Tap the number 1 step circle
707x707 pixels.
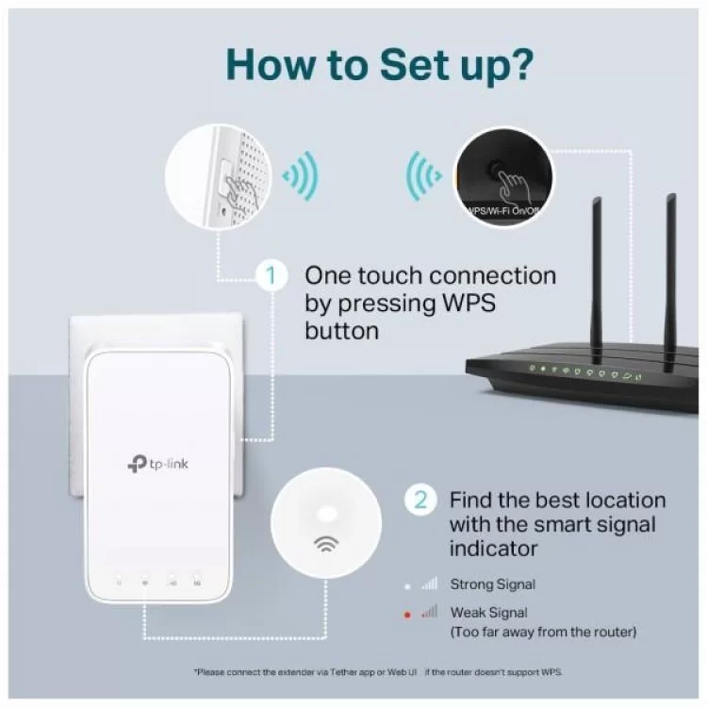point(271,276)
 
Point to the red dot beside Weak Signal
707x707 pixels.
point(407,614)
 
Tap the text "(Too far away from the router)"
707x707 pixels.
point(542,632)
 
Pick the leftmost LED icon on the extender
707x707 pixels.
point(118,579)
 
